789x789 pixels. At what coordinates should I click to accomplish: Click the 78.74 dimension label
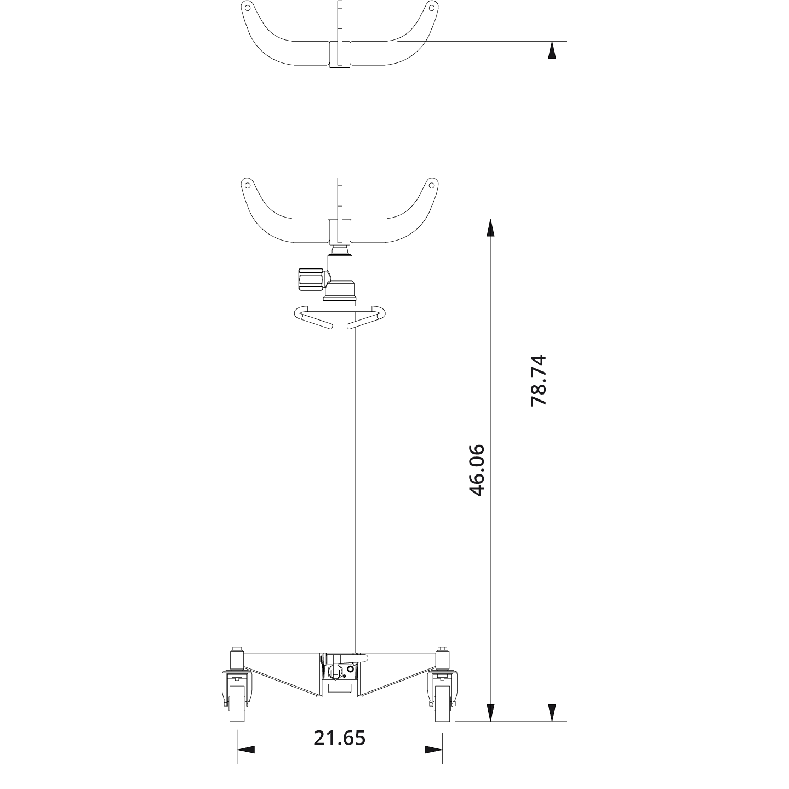pyautogui.click(x=539, y=380)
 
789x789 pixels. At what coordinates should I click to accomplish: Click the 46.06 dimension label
pyautogui.click(x=477, y=470)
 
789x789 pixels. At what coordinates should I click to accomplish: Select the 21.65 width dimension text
pyautogui.click(x=339, y=738)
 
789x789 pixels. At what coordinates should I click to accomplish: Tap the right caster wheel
pyautogui.click(x=442, y=705)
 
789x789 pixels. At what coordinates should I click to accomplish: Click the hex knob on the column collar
pyautogui.click(x=311, y=279)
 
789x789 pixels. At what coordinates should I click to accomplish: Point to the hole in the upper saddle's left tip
pyautogui.click(x=247, y=8)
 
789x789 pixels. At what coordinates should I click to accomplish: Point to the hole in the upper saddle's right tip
pyautogui.click(x=432, y=8)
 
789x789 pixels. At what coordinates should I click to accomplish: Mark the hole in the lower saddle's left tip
pyautogui.click(x=247, y=184)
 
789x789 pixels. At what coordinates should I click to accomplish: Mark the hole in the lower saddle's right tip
pyautogui.click(x=432, y=184)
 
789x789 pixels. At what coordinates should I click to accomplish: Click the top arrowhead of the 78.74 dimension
pyautogui.click(x=552, y=50)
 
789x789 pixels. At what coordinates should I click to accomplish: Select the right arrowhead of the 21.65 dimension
pyautogui.click(x=433, y=749)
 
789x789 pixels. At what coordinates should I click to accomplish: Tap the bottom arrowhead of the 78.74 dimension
pyautogui.click(x=552, y=712)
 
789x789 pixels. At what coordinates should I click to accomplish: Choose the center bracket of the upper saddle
pyautogui.click(x=339, y=54)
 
